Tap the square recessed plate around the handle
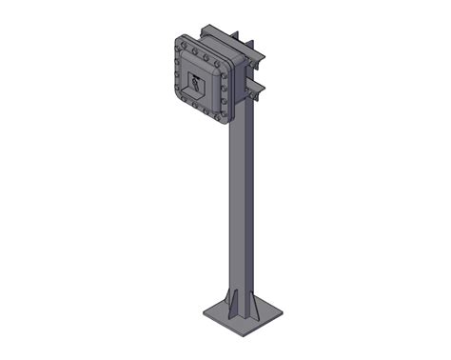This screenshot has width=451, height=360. pyautogui.click(x=196, y=84)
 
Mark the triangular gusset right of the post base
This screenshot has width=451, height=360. pyautogui.click(x=260, y=305)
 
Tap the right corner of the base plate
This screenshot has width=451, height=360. pyautogui.click(x=283, y=310)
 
